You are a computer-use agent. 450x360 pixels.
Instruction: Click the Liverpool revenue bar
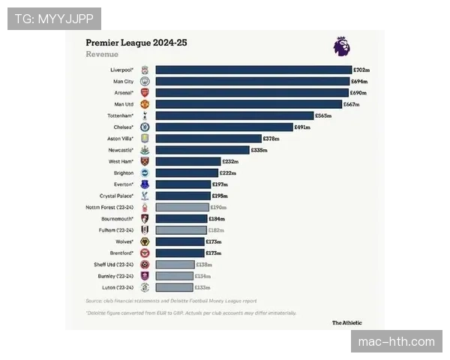pos(253,70)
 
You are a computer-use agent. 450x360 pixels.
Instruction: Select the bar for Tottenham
pos(234,115)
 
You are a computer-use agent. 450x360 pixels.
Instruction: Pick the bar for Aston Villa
pos(208,139)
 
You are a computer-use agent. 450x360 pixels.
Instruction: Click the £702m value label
pos(361,70)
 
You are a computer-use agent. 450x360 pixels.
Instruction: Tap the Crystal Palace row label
pos(116,196)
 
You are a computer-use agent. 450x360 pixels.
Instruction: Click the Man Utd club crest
pos(145,104)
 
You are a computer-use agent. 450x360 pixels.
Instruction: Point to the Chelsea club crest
pos(145,127)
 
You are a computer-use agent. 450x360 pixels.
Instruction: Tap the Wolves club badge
pos(145,241)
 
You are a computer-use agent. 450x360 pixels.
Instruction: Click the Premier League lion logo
pos(340,46)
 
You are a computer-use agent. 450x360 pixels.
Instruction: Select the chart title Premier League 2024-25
pos(136,43)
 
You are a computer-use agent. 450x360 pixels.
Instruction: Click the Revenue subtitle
pos(102,55)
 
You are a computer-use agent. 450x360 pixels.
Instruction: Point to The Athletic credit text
pos(346,322)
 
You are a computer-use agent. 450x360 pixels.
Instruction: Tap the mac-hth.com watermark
pos(396,342)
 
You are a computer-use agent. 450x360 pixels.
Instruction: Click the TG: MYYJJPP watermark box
pos(54,18)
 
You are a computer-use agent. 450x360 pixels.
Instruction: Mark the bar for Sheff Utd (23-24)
pos(175,265)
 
